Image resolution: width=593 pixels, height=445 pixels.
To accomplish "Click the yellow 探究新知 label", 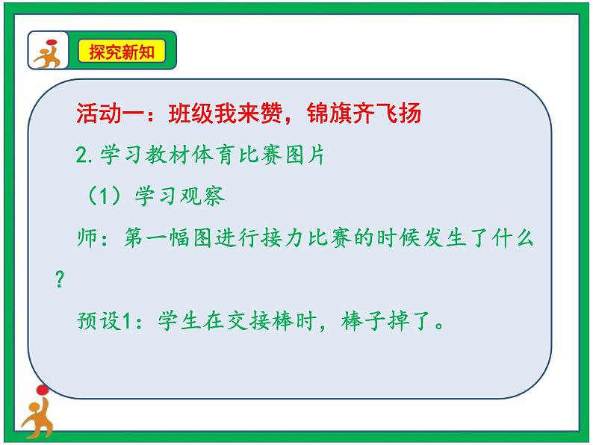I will click(x=122, y=52).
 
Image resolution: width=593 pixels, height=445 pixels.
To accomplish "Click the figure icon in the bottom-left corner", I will click(x=36, y=413).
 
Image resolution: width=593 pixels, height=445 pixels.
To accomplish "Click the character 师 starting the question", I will click(x=87, y=239).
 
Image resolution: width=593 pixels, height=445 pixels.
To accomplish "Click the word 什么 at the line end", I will click(x=516, y=239).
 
